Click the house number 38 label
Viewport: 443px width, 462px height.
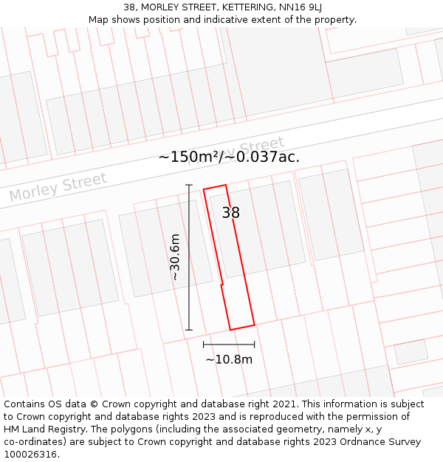230,213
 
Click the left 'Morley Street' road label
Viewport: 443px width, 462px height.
58,187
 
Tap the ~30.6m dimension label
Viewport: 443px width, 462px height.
175,257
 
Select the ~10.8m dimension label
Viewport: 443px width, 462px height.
229,360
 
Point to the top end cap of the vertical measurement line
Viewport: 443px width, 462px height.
189,185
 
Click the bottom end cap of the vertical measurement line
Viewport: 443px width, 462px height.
189,330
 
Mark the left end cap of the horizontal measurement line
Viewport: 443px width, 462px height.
204,344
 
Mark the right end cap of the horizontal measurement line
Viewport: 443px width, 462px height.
255,344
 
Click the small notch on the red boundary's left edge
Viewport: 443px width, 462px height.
221,284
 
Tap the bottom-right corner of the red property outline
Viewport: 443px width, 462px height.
255,325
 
